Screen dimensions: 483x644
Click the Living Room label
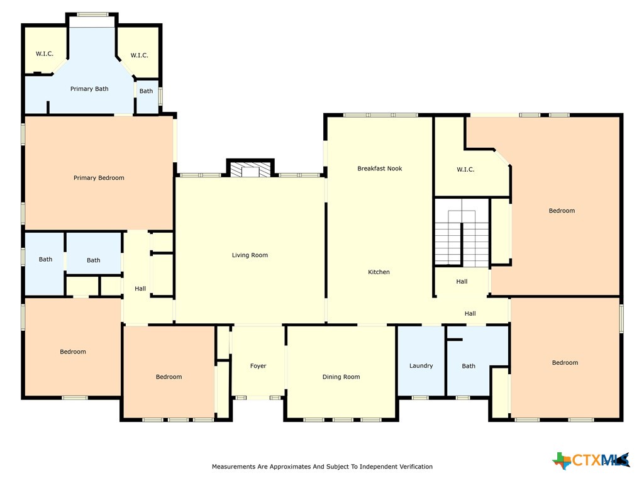(250, 255)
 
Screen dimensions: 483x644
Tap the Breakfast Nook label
(379, 169)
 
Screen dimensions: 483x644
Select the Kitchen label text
(379, 272)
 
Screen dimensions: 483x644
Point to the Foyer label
(258, 366)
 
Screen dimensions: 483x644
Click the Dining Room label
(341, 377)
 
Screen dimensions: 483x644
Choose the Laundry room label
(421, 366)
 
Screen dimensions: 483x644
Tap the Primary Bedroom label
(99, 178)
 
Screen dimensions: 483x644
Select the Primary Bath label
(89, 89)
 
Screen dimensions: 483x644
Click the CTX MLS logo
(591, 460)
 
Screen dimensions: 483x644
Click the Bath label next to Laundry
(469, 366)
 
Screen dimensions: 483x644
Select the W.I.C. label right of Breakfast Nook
(465, 170)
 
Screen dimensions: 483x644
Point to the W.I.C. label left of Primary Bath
(45, 54)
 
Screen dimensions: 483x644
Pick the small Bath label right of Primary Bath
(146, 91)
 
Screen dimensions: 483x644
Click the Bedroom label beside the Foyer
(169, 377)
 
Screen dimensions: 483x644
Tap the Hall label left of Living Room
(140, 289)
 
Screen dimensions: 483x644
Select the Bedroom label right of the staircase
(562, 211)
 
